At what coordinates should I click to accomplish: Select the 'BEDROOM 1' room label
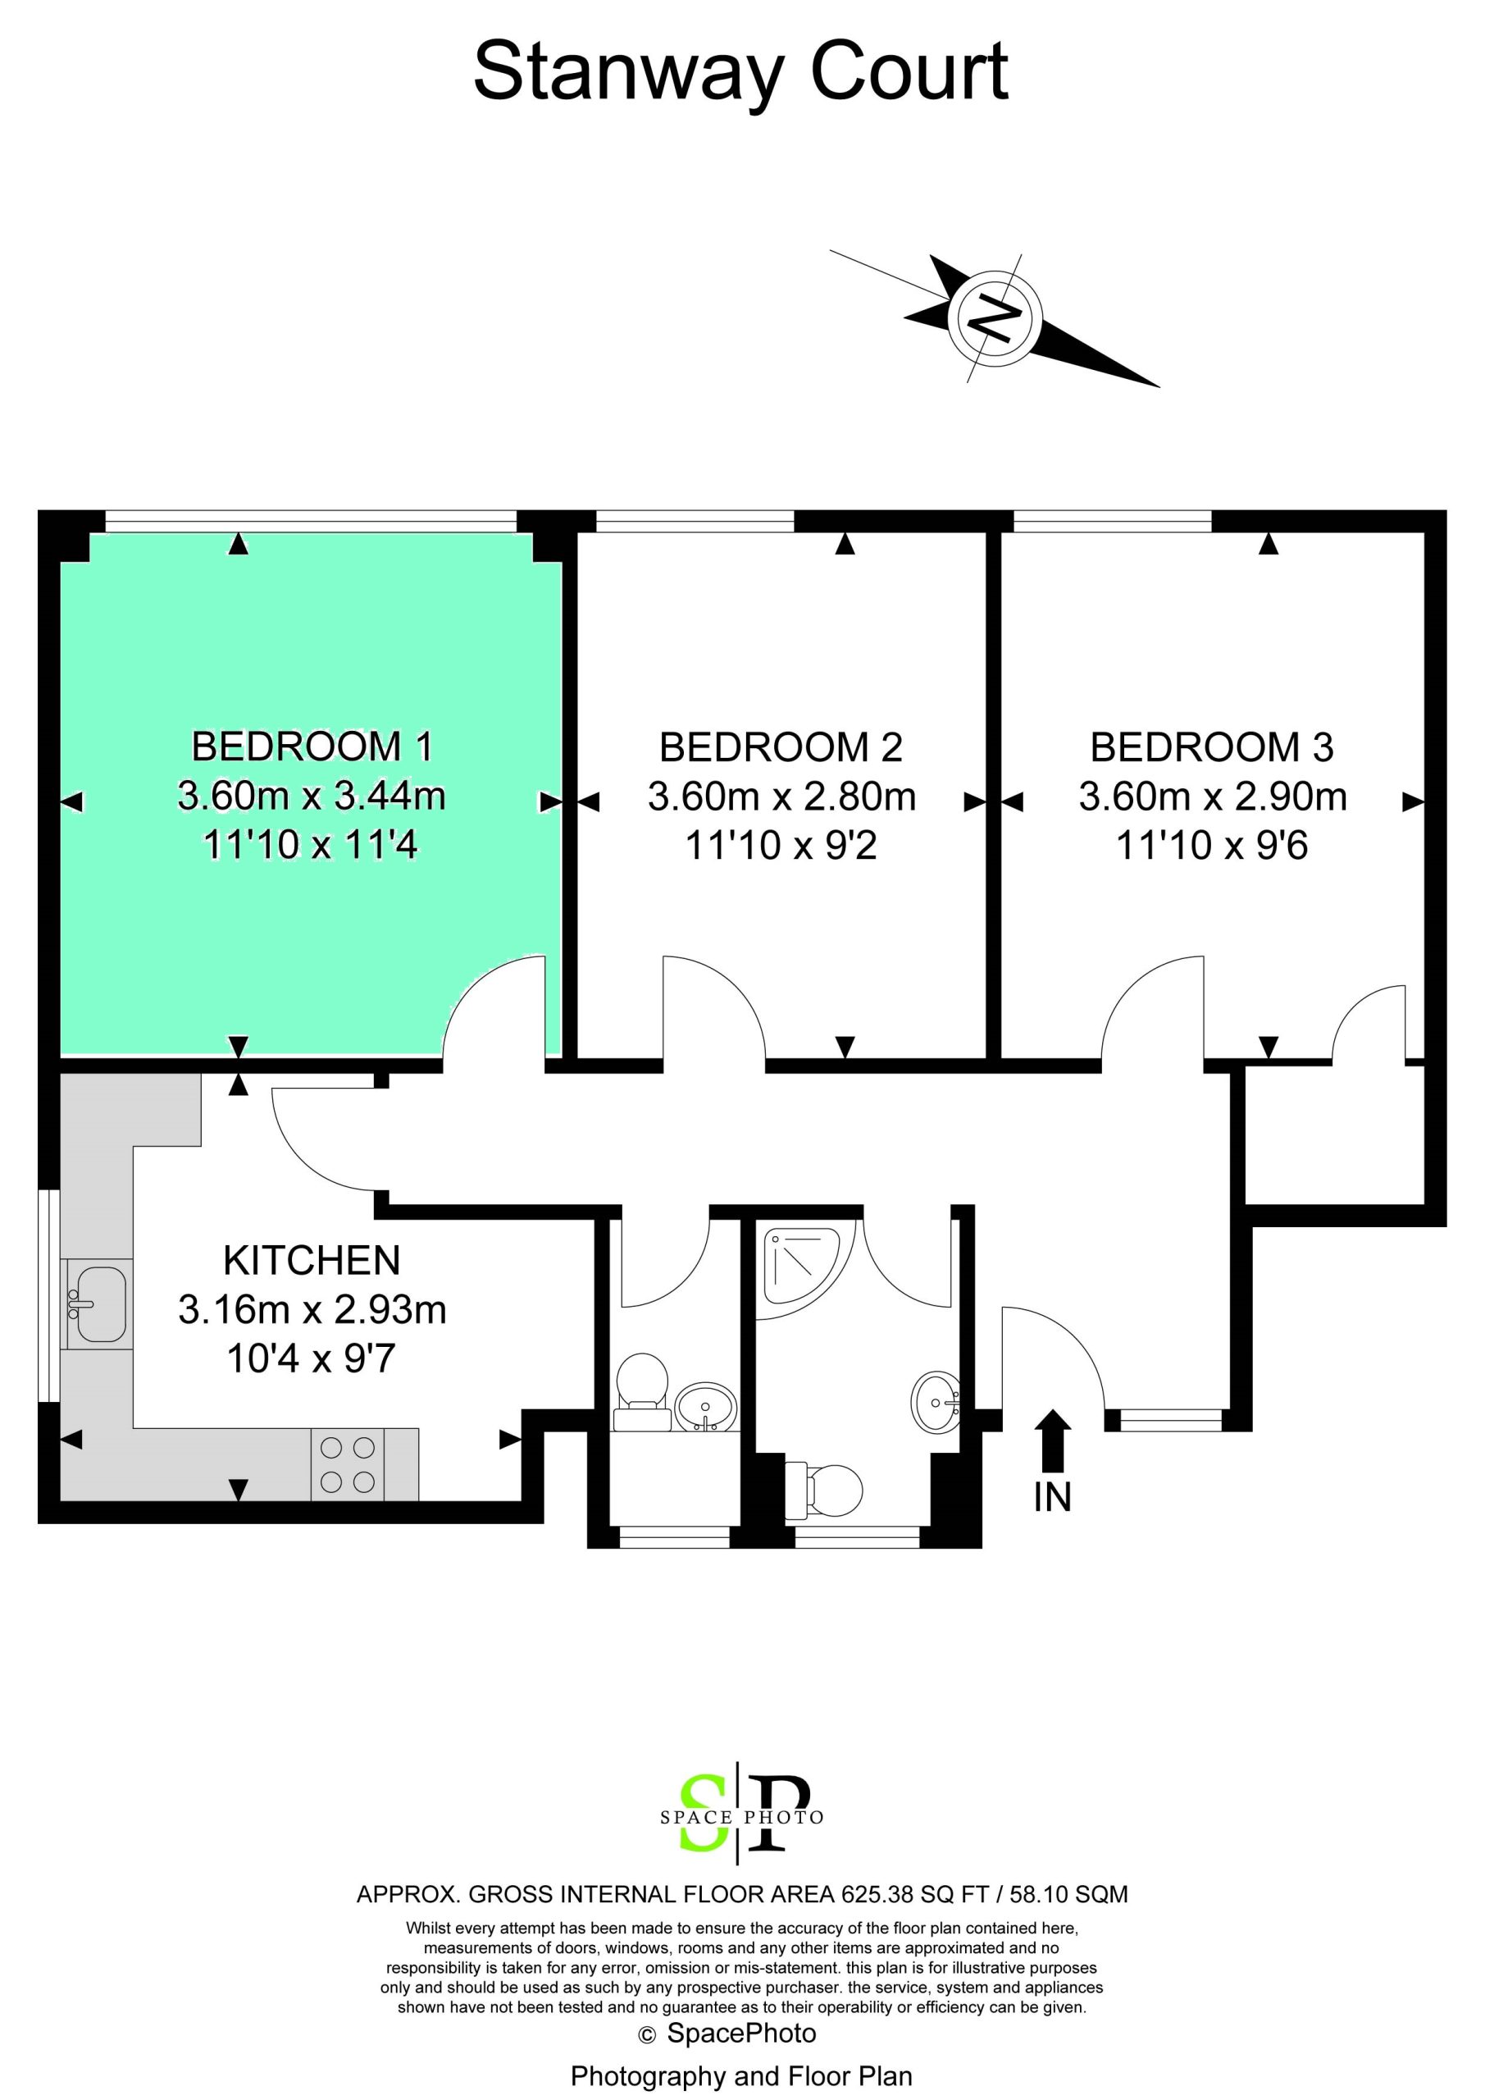click(x=312, y=747)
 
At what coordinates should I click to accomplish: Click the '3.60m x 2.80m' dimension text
click(x=781, y=797)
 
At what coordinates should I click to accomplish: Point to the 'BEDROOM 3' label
click(x=1212, y=748)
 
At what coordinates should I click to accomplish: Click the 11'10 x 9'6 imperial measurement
click(x=1212, y=845)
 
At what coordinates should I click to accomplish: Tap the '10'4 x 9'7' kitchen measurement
click(x=312, y=1358)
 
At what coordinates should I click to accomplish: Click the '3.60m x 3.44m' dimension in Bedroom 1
click(x=312, y=797)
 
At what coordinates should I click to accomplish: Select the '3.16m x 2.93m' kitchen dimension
click(x=312, y=1310)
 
